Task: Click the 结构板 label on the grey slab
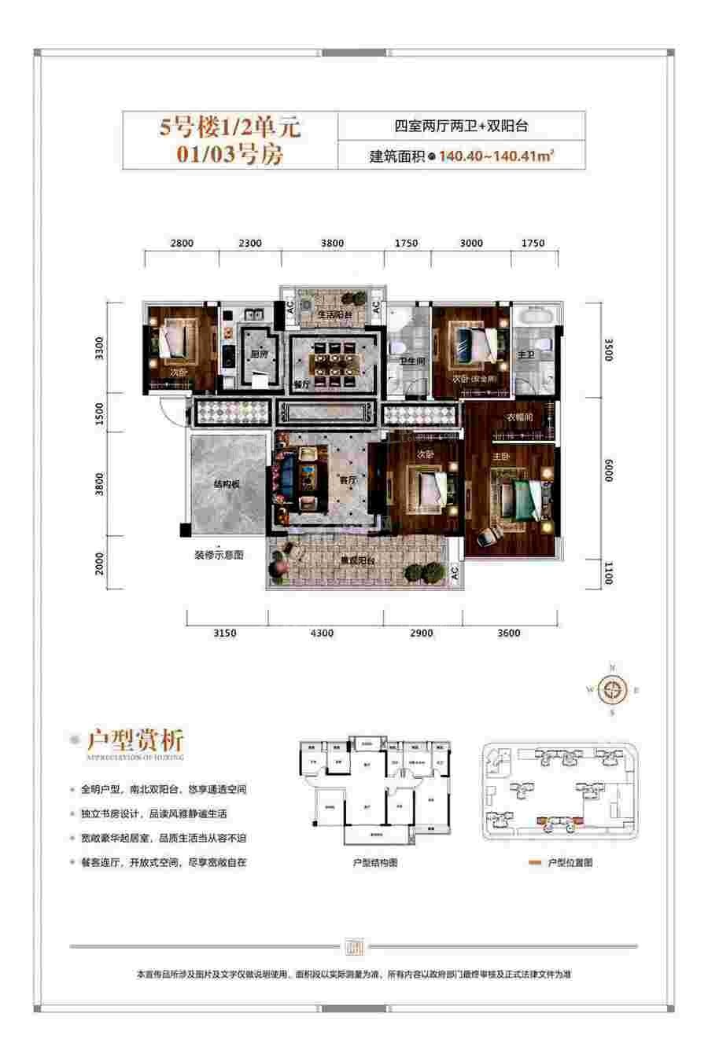(x=229, y=485)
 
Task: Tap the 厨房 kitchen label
(x=249, y=354)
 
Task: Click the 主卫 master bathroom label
(x=525, y=355)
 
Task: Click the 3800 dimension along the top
(x=332, y=244)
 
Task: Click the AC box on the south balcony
(x=455, y=573)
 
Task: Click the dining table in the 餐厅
(x=335, y=362)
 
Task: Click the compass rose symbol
(x=612, y=691)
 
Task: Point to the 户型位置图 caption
(x=566, y=862)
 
